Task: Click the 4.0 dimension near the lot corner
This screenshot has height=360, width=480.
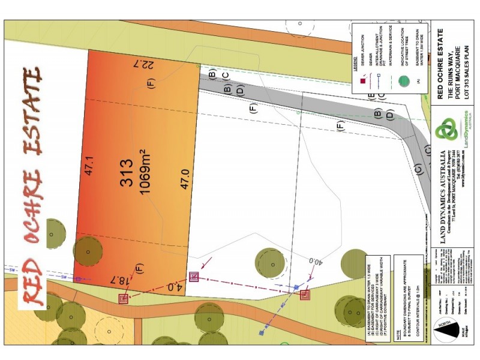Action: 174,287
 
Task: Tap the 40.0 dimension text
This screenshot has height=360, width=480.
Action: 314,262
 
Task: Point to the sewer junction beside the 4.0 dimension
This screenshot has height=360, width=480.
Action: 194,277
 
